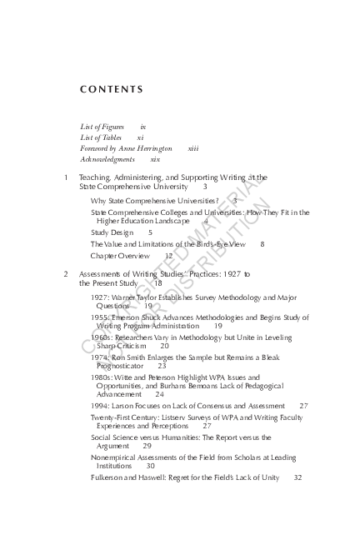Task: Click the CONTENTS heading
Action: click(x=111, y=89)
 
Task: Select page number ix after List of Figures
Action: click(x=143, y=126)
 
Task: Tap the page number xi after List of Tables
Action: click(x=140, y=137)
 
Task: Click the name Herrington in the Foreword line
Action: click(x=153, y=147)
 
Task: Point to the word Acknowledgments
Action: click(x=107, y=158)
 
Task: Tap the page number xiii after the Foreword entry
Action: click(x=193, y=147)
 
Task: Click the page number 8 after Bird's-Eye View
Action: click(x=262, y=244)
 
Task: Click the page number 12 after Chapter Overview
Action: click(x=168, y=257)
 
